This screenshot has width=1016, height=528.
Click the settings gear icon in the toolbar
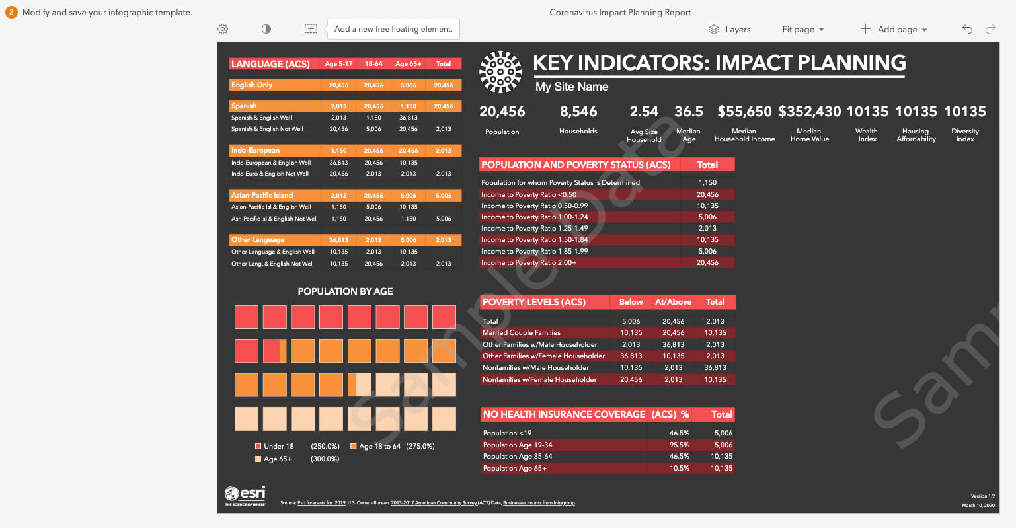click(223, 29)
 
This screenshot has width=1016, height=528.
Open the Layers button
click(730, 30)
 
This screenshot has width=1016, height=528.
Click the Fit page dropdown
click(802, 30)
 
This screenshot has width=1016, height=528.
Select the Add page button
click(894, 30)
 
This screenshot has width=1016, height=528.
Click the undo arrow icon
click(967, 29)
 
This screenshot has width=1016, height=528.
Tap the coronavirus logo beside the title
click(500, 71)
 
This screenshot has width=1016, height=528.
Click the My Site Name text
click(572, 87)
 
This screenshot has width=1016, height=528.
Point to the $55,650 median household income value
click(744, 112)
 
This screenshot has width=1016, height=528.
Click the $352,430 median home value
click(809, 112)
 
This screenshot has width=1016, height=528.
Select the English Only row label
click(252, 85)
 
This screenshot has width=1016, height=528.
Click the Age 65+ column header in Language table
click(409, 64)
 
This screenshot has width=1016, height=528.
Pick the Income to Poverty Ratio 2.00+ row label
click(529, 263)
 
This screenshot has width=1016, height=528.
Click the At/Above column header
click(673, 302)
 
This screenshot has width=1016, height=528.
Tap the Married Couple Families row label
click(522, 333)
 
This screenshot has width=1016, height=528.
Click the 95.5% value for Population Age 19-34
click(679, 445)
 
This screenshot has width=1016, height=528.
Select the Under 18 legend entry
click(278, 446)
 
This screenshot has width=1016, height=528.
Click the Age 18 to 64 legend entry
click(379, 446)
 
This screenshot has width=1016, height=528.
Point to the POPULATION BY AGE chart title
click(345, 291)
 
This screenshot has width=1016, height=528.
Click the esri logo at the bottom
click(245, 495)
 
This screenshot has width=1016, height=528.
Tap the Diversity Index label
click(964, 135)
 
